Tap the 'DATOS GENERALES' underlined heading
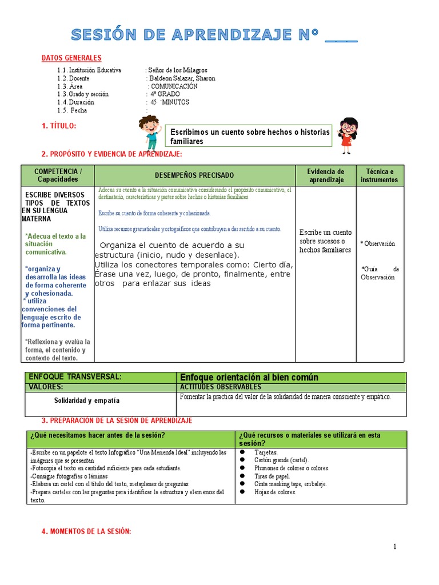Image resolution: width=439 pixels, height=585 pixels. point(71,58)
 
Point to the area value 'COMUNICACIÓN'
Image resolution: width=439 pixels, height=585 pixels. point(174,86)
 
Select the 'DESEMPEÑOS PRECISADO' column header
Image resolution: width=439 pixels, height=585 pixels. point(194,175)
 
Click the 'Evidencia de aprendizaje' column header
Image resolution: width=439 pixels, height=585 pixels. point(325,175)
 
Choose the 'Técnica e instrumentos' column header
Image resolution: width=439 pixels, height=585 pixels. point(380,175)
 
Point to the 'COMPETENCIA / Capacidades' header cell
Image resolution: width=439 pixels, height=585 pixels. point(58,175)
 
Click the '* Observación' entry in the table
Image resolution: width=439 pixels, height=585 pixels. point(378,243)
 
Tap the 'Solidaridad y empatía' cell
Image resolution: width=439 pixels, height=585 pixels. point(87,401)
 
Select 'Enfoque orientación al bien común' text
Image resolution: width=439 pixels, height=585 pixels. point(249,378)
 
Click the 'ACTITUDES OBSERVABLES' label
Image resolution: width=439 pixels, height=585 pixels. point(220,387)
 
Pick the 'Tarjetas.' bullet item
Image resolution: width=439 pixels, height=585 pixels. point(266,452)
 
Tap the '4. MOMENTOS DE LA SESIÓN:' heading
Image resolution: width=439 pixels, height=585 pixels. point(86,532)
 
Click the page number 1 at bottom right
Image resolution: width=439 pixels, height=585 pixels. point(394,547)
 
